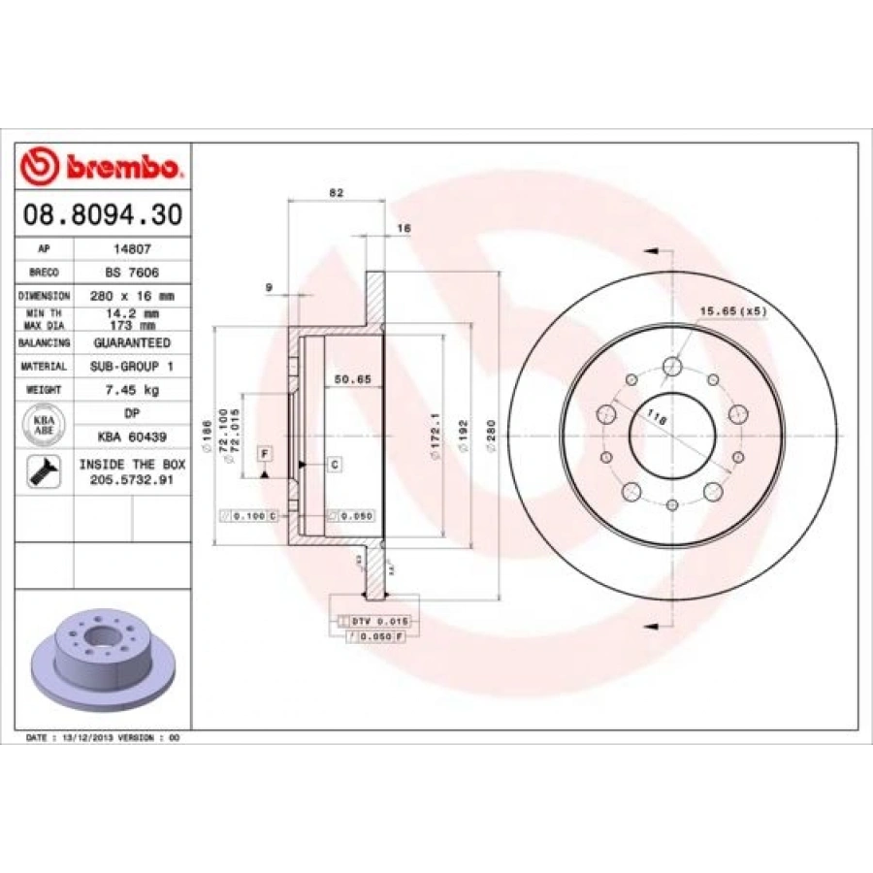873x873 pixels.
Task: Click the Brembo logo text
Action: pyautogui.click(x=121, y=168)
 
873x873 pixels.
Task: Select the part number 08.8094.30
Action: pyautogui.click(x=102, y=215)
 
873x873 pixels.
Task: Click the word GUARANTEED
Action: pyautogui.click(x=132, y=343)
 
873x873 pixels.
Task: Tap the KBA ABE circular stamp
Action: pyautogui.click(x=44, y=422)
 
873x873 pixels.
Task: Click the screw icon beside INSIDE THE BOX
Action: pyautogui.click(x=45, y=470)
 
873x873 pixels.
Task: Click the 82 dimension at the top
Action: pyautogui.click(x=337, y=193)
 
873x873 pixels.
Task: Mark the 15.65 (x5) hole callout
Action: pyautogui.click(x=732, y=311)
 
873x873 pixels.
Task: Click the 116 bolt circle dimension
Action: pyautogui.click(x=657, y=420)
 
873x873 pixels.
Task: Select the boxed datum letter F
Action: pyautogui.click(x=263, y=453)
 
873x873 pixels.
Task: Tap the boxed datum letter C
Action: pyautogui.click(x=333, y=466)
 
